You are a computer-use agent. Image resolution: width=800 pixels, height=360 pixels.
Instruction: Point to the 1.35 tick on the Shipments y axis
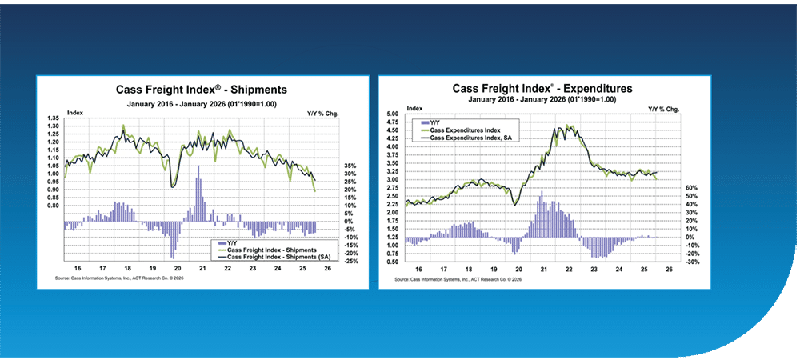[x=54, y=118]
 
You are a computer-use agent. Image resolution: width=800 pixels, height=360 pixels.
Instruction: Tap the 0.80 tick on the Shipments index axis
[x=54, y=206]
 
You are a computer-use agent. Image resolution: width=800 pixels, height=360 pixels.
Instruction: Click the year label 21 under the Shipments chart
[x=202, y=270]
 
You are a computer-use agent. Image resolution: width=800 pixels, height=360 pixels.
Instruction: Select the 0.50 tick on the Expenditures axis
[x=393, y=262]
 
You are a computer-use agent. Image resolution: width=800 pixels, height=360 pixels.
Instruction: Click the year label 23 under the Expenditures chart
[x=593, y=270]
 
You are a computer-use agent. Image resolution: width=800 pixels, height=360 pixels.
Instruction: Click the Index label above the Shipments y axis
[x=74, y=112]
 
